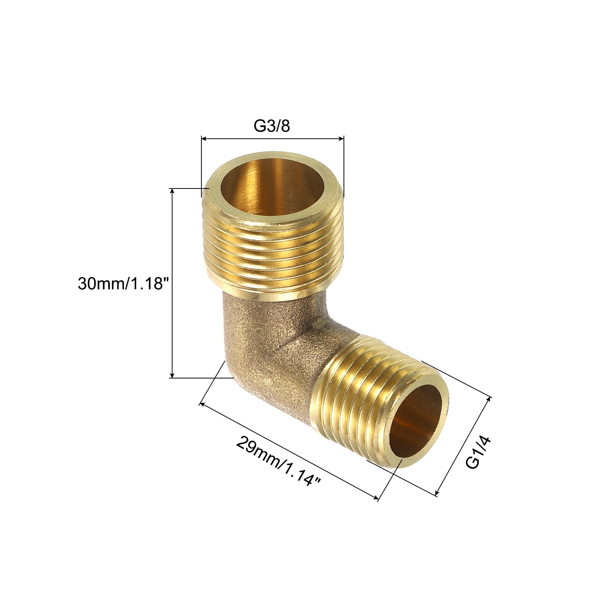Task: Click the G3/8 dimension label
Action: pos(272,126)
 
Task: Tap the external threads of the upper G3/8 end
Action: pos(272,255)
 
